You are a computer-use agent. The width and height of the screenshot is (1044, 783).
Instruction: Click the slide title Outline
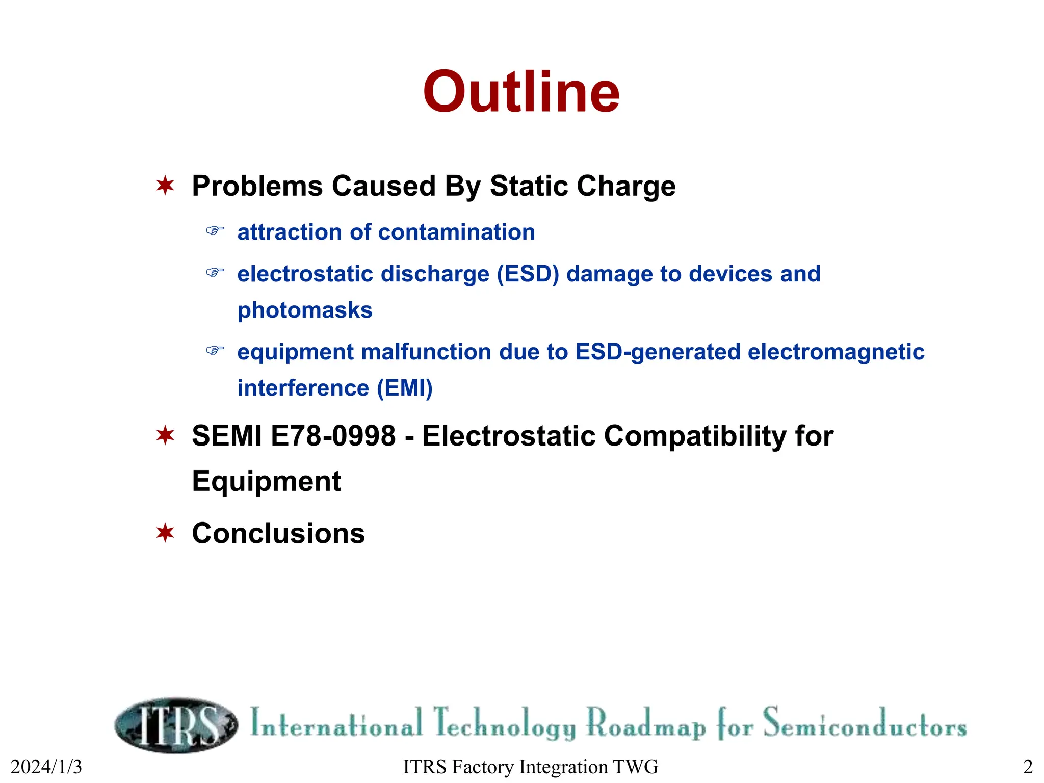521,92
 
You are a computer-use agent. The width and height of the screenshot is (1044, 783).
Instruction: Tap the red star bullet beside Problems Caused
165,186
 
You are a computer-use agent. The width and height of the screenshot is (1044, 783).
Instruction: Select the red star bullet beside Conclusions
165,533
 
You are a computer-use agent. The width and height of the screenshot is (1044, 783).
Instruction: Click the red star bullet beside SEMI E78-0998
165,435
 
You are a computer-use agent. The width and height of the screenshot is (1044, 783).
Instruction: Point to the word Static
529,186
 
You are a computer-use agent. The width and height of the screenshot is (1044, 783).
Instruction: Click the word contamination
456,232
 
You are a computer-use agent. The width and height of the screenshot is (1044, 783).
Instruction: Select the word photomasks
305,310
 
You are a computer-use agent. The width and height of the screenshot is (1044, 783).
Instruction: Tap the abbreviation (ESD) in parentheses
528,274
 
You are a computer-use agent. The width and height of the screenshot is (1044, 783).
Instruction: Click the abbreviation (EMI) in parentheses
405,388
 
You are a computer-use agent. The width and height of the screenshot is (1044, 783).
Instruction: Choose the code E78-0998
333,436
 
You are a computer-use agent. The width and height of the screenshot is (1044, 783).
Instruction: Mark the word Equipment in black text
266,481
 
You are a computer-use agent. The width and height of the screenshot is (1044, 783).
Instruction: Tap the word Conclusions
278,533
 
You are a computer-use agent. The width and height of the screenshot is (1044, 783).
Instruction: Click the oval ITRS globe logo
176,724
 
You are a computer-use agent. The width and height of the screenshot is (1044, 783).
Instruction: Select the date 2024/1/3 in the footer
46,767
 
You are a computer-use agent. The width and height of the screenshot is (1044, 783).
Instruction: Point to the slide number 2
1028,767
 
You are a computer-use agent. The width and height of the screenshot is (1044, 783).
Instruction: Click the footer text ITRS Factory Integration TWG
530,767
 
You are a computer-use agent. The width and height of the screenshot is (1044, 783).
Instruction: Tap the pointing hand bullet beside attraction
215,231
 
